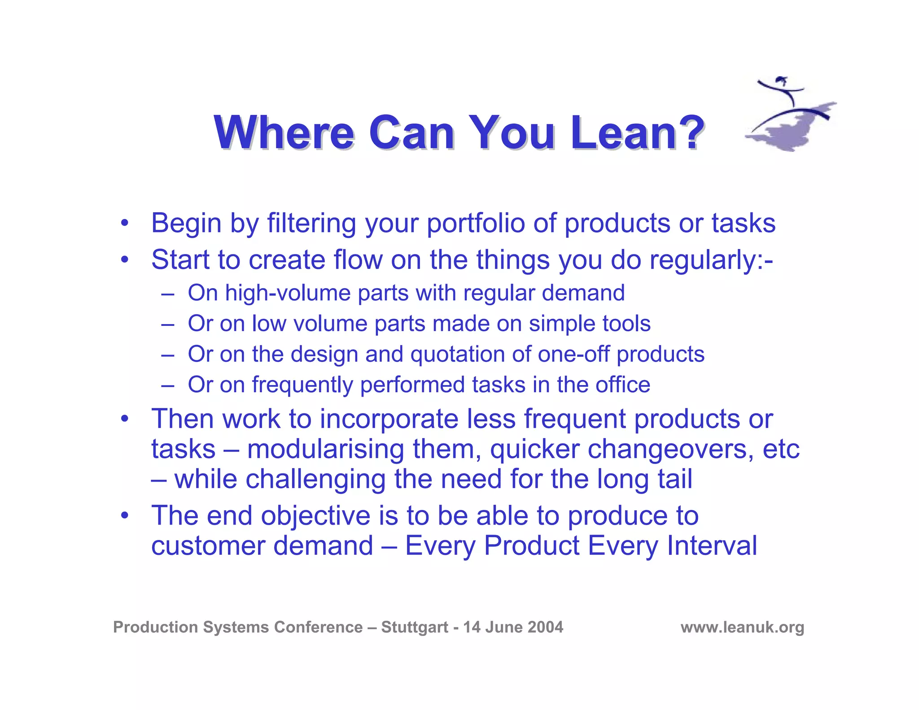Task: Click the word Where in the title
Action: tap(284, 133)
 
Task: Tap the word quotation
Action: tap(458, 354)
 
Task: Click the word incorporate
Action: tap(389, 419)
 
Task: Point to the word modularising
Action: tap(325, 449)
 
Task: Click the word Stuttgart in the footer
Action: tap(415, 627)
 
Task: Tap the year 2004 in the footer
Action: tap(545, 627)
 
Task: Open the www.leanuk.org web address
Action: tap(742, 627)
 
